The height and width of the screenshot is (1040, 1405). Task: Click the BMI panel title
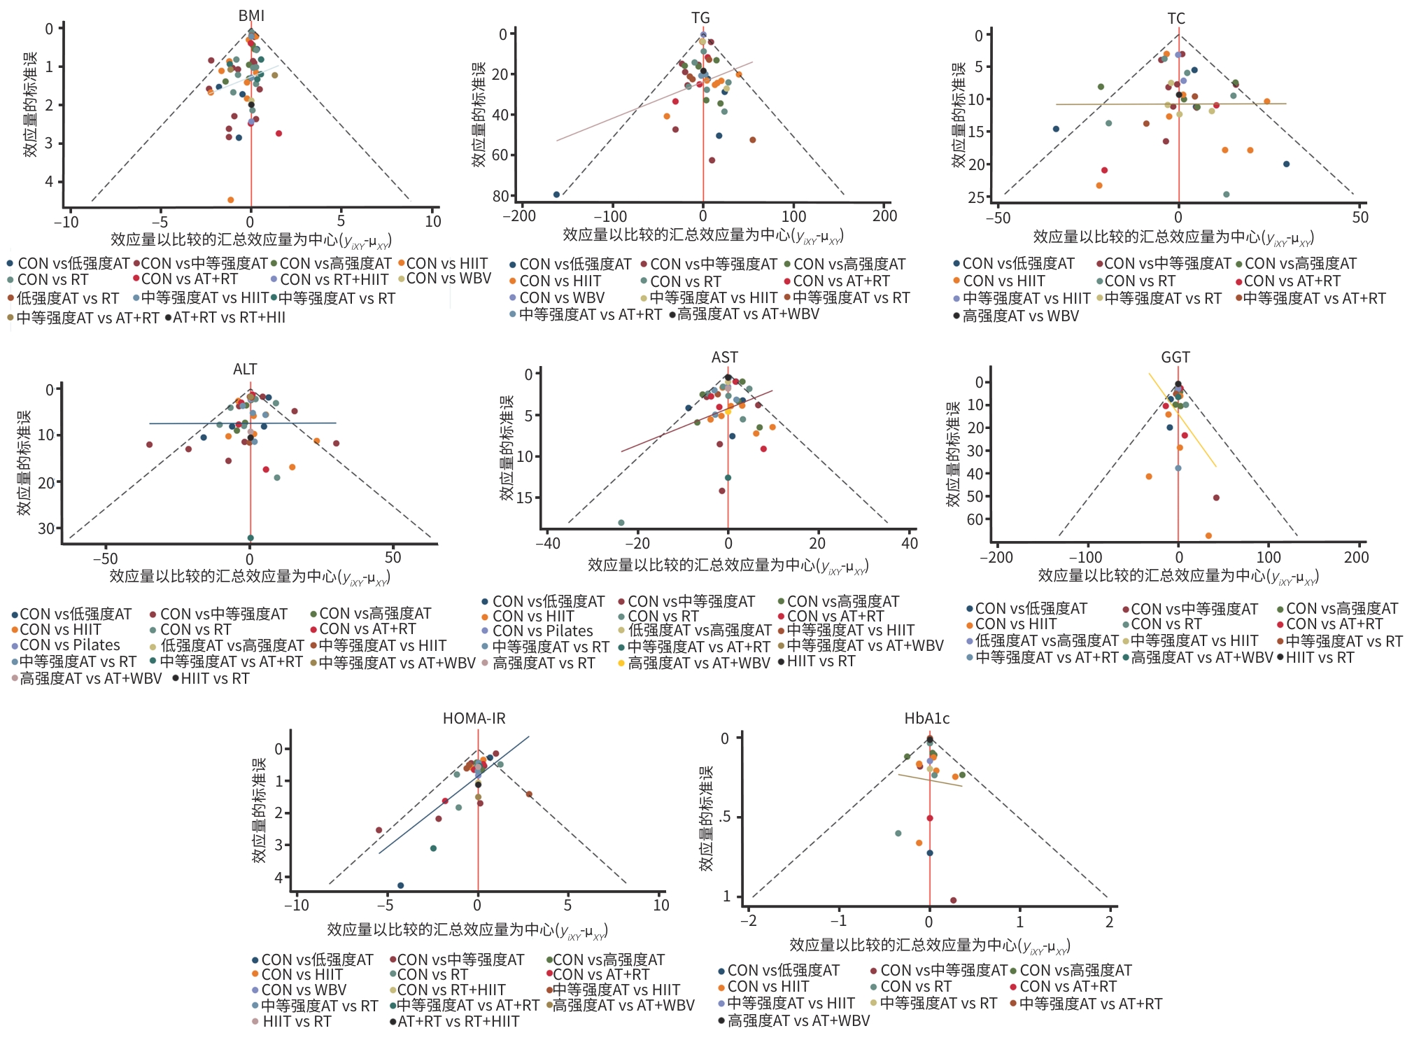(x=251, y=15)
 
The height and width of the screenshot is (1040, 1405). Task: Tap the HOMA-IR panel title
(x=474, y=718)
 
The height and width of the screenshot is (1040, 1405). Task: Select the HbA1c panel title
(x=926, y=718)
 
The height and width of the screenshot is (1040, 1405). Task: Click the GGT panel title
(x=1175, y=357)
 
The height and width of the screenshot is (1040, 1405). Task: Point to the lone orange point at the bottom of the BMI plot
(x=231, y=200)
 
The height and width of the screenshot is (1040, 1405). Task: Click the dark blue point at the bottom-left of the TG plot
(x=556, y=195)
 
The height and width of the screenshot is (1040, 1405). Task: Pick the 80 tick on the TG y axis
(x=500, y=196)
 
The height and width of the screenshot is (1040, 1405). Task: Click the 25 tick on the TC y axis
(x=975, y=197)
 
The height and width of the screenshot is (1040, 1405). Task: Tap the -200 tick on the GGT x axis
(x=996, y=558)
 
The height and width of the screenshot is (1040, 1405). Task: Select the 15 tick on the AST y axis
(x=524, y=498)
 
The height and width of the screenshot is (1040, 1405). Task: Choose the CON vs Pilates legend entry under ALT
(x=69, y=645)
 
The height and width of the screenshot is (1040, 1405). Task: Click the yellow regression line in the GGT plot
(x=1182, y=420)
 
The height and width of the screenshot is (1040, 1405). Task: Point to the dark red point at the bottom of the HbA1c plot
(x=953, y=901)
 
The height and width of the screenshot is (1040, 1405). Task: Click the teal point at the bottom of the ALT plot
(x=250, y=538)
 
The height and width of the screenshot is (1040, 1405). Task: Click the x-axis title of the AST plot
(x=728, y=565)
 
